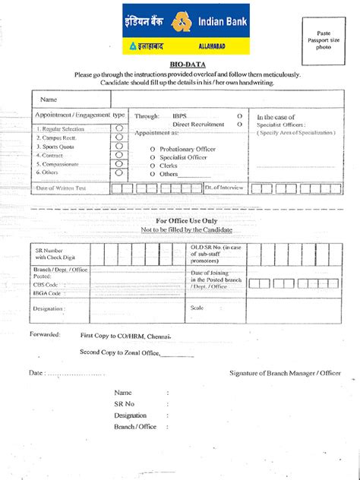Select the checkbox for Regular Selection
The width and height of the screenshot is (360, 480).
click(x=119, y=128)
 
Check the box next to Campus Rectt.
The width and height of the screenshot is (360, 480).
click(x=119, y=137)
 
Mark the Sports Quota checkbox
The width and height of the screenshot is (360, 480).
click(x=119, y=146)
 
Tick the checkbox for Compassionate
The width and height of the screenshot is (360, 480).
click(x=119, y=163)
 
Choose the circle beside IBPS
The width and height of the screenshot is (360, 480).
click(x=239, y=115)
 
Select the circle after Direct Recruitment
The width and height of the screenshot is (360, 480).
click(x=239, y=124)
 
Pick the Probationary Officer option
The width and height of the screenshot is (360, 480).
click(x=153, y=148)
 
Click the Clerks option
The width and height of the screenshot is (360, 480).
click(x=153, y=166)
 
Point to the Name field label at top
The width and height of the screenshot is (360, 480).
click(x=49, y=99)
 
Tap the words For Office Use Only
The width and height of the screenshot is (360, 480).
click(x=186, y=220)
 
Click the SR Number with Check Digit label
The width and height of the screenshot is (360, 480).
click(x=53, y=253)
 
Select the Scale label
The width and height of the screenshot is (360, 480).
click(x=197, y=308)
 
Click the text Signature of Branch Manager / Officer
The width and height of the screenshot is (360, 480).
click(x=285, y=373)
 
